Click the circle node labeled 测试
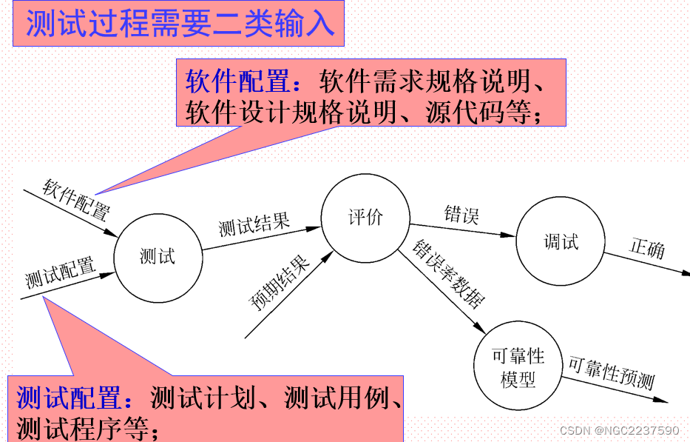pyautogui.click(x=158, y=257)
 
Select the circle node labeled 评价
pyautogui.click(x=365, y=218)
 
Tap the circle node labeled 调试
pyautogui.click(x=560, y=242)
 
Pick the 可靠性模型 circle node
pyautogui.click(x=518, y=368)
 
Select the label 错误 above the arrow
pyautogui.click(x=461, y=215)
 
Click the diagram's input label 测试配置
pyautogui.click(x=61, y=272)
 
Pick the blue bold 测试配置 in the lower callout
pyautogui.click(x=68, y=399)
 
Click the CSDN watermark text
pyautogui.click(x=618, y=430)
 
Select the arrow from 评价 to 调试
pyautogui.click(x=461, y=230)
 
